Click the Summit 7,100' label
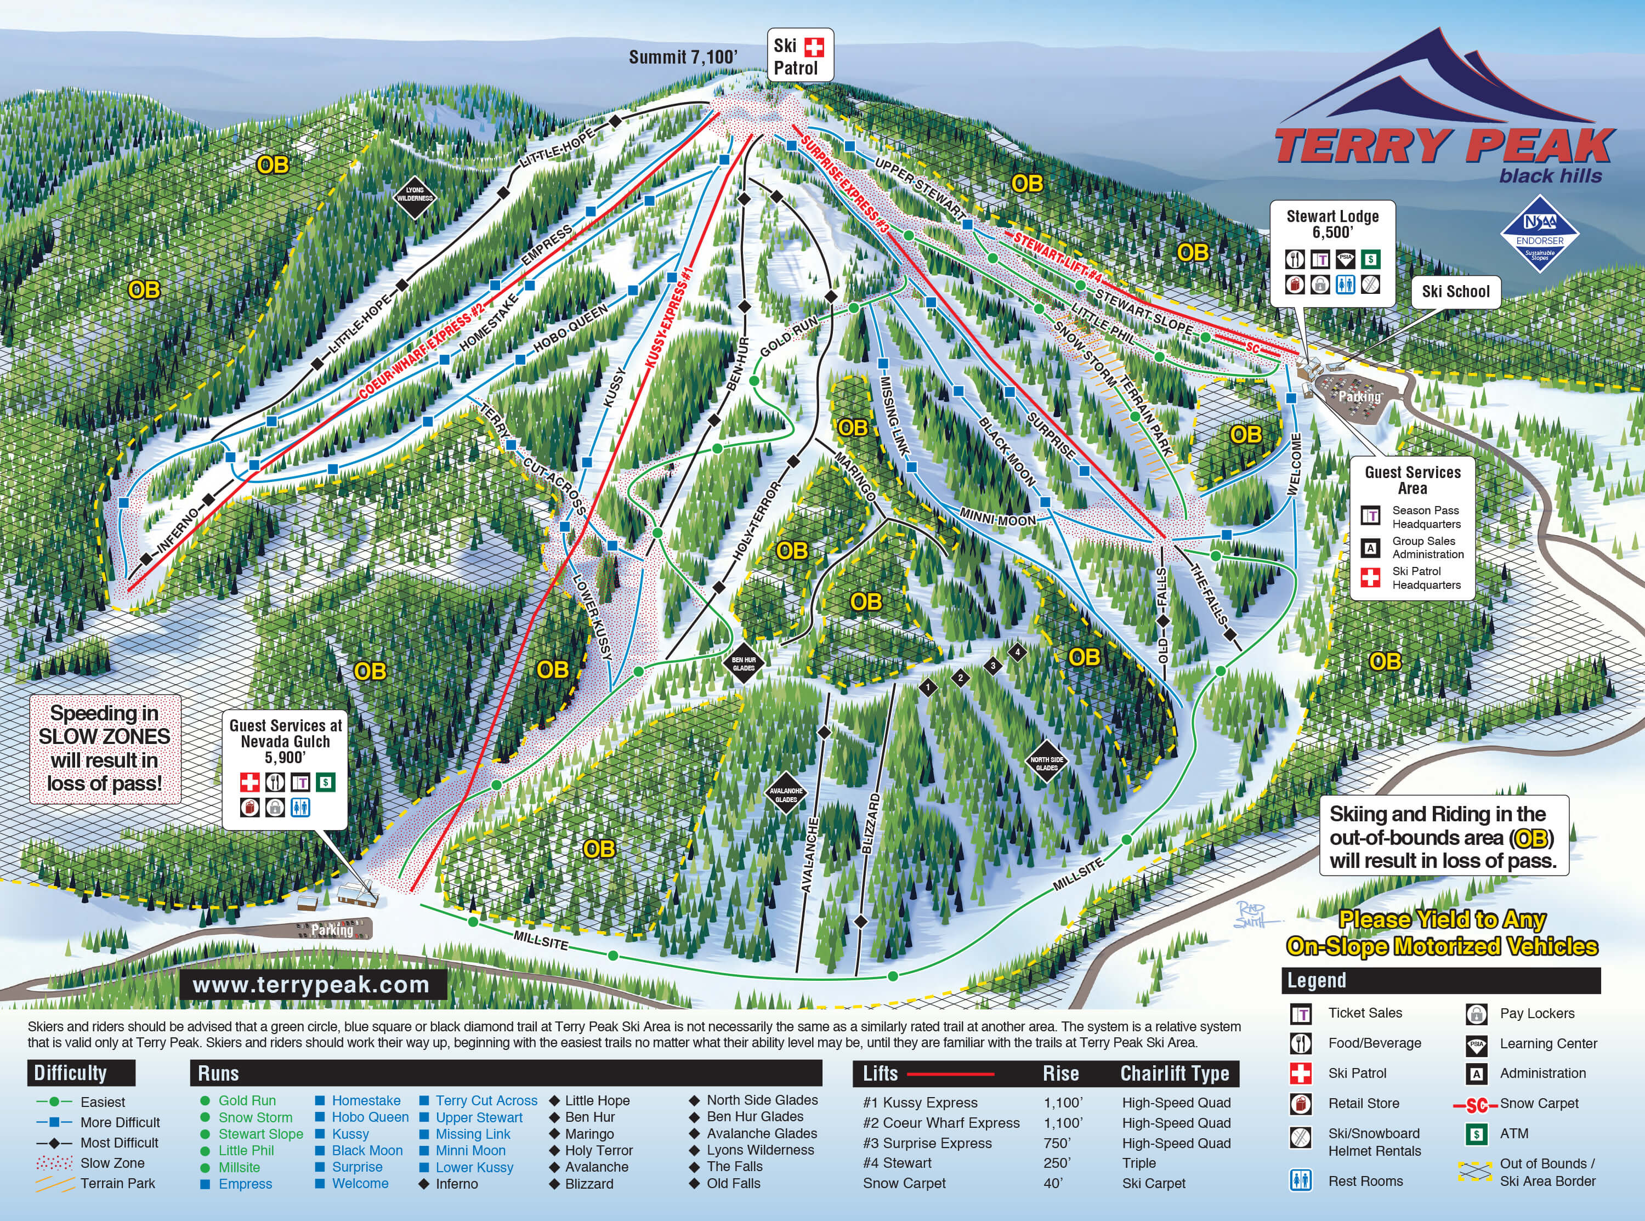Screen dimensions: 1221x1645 click(x=683, y=57)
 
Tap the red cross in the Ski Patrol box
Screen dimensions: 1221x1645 click(x=814, y=47)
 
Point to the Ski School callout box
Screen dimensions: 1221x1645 click(x=1455, y=291)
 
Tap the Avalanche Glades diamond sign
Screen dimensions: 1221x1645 click(x=786, y=794)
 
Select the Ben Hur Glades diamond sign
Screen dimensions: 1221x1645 click(x=744, y=663)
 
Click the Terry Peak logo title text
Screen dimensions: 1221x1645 click(x=1445, y=146)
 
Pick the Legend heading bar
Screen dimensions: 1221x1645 click(x=1440, y=980)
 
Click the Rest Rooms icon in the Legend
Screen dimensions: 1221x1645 click(x=1301, y=1180)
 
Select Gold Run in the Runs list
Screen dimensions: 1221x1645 click(x=247, y=1100)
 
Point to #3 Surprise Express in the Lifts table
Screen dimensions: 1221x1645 click(x=927, y=1143)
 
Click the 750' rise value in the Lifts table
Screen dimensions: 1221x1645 click(x=1058, y=1143)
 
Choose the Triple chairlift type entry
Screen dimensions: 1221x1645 click(x=1139, y=1163)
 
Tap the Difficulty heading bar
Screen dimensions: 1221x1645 click(x=81, y=1073)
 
